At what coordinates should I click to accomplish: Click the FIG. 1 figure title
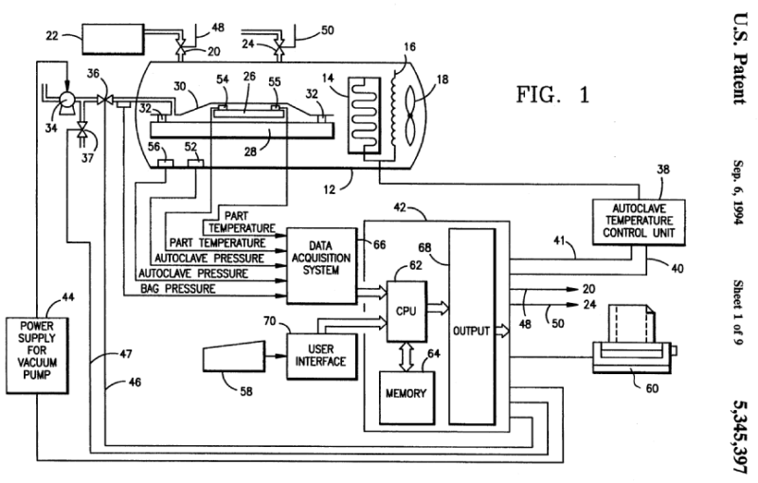tap(552, 95)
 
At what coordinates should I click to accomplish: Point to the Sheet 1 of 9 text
tap(736, 298)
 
